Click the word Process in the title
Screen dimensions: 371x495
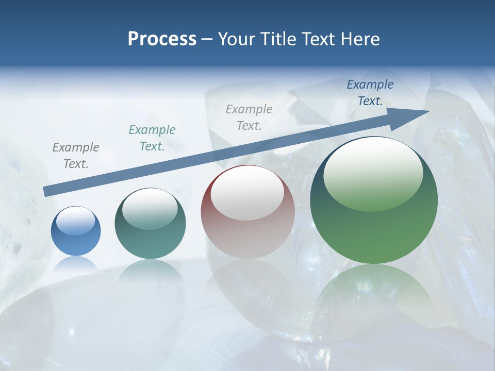[162, 39]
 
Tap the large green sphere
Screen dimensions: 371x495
[374, 232]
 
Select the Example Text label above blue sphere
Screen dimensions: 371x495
[76, 156]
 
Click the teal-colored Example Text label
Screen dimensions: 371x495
[152, 138]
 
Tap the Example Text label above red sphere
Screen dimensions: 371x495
[249, 117]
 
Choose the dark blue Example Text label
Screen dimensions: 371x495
[370, 93]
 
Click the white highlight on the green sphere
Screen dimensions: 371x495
[373, 174]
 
